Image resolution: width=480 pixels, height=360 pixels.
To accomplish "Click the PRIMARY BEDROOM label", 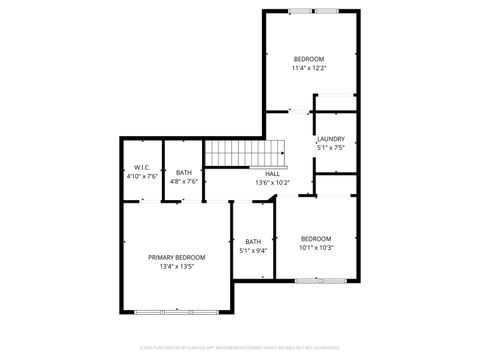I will (177, 258).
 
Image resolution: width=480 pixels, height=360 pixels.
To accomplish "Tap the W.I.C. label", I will (141, 167).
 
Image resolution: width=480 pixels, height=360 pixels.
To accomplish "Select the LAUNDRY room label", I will (331, 139).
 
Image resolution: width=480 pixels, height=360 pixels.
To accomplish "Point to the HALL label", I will (272, 173).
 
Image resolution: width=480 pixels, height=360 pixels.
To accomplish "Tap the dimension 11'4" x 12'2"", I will (309, 68).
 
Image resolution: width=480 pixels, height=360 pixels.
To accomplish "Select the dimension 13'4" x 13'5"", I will (177, 267).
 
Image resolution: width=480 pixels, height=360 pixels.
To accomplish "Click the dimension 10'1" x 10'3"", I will (316, 248).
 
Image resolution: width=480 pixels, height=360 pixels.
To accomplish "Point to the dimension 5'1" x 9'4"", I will (253, 250).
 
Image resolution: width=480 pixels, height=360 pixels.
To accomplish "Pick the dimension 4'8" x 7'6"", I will (184, 181).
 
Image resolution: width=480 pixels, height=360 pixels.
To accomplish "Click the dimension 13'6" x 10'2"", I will (272, 182).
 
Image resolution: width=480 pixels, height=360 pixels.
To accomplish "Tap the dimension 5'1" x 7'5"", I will (331, 148).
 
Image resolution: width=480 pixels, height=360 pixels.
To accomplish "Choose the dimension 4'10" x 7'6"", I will (141, 176).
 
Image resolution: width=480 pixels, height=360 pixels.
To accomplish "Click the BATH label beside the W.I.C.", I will (184, 172).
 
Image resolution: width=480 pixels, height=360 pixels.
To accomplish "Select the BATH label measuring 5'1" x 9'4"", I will (253, 241).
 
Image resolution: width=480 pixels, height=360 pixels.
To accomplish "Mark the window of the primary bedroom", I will (177, 312).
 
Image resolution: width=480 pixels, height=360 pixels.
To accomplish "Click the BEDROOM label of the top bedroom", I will (309, 59).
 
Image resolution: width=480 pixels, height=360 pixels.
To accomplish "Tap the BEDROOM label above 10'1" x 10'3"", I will (316, 239).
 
